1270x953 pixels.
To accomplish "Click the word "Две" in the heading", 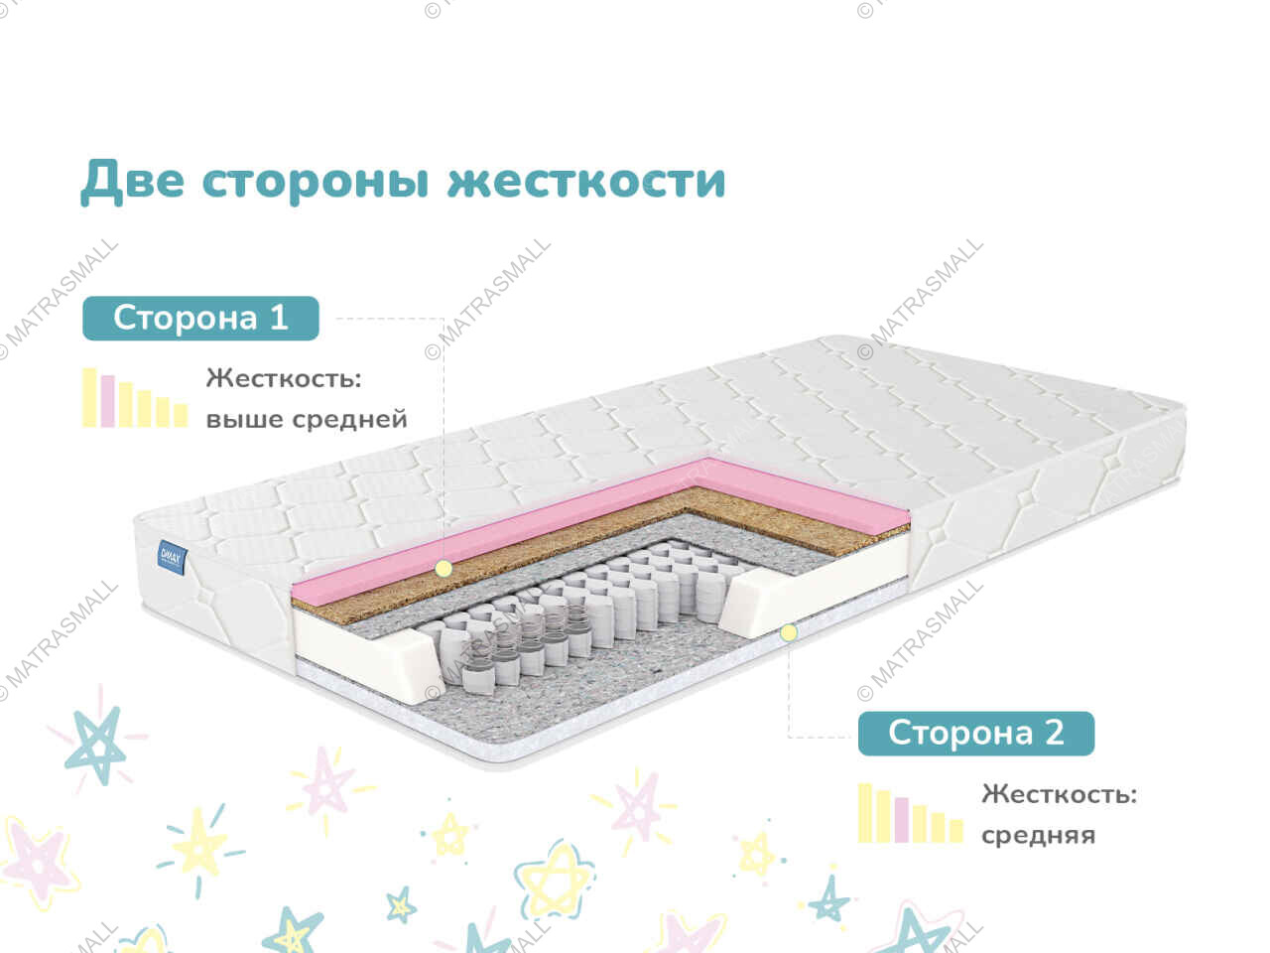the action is (x=133, y=182).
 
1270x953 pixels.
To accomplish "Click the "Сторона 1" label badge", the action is (x=200, y=319).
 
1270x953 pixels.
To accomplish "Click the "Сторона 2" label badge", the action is (x=976, y=734).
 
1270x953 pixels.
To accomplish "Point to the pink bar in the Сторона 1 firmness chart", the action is (x=108, y=401).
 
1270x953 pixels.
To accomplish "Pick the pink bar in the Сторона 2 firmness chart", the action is (x=902, y=820).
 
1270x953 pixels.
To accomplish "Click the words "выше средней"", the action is (x=307, y=419).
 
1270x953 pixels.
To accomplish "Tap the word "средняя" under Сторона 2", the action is (x=1039, y=835).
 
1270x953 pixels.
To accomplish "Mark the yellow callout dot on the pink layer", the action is (x=444, y=569).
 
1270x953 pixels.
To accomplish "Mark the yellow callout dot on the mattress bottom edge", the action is (x=788, y=633).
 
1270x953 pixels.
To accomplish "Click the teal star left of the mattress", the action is (x=96, y=746).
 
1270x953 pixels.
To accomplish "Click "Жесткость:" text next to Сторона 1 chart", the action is (x=284, y=378).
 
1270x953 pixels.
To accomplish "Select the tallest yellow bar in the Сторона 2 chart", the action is (x=864, y=813).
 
